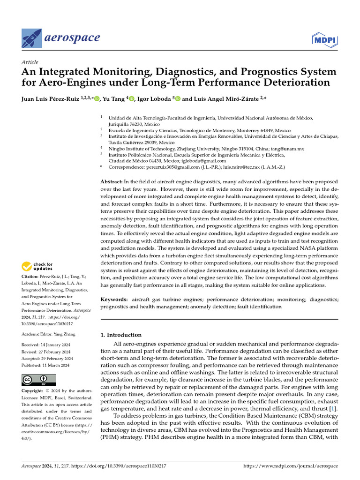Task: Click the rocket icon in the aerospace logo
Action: tap(32, 37)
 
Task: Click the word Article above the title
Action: tap(30, 62)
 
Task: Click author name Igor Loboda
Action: tap(154, 99)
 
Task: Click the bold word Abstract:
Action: tap(113, 181)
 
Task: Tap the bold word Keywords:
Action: tap(114, 299)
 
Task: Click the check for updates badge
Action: tap(37, 267)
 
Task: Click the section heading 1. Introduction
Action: tap(121, 335)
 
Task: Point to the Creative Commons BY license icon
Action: tap(38, 380)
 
